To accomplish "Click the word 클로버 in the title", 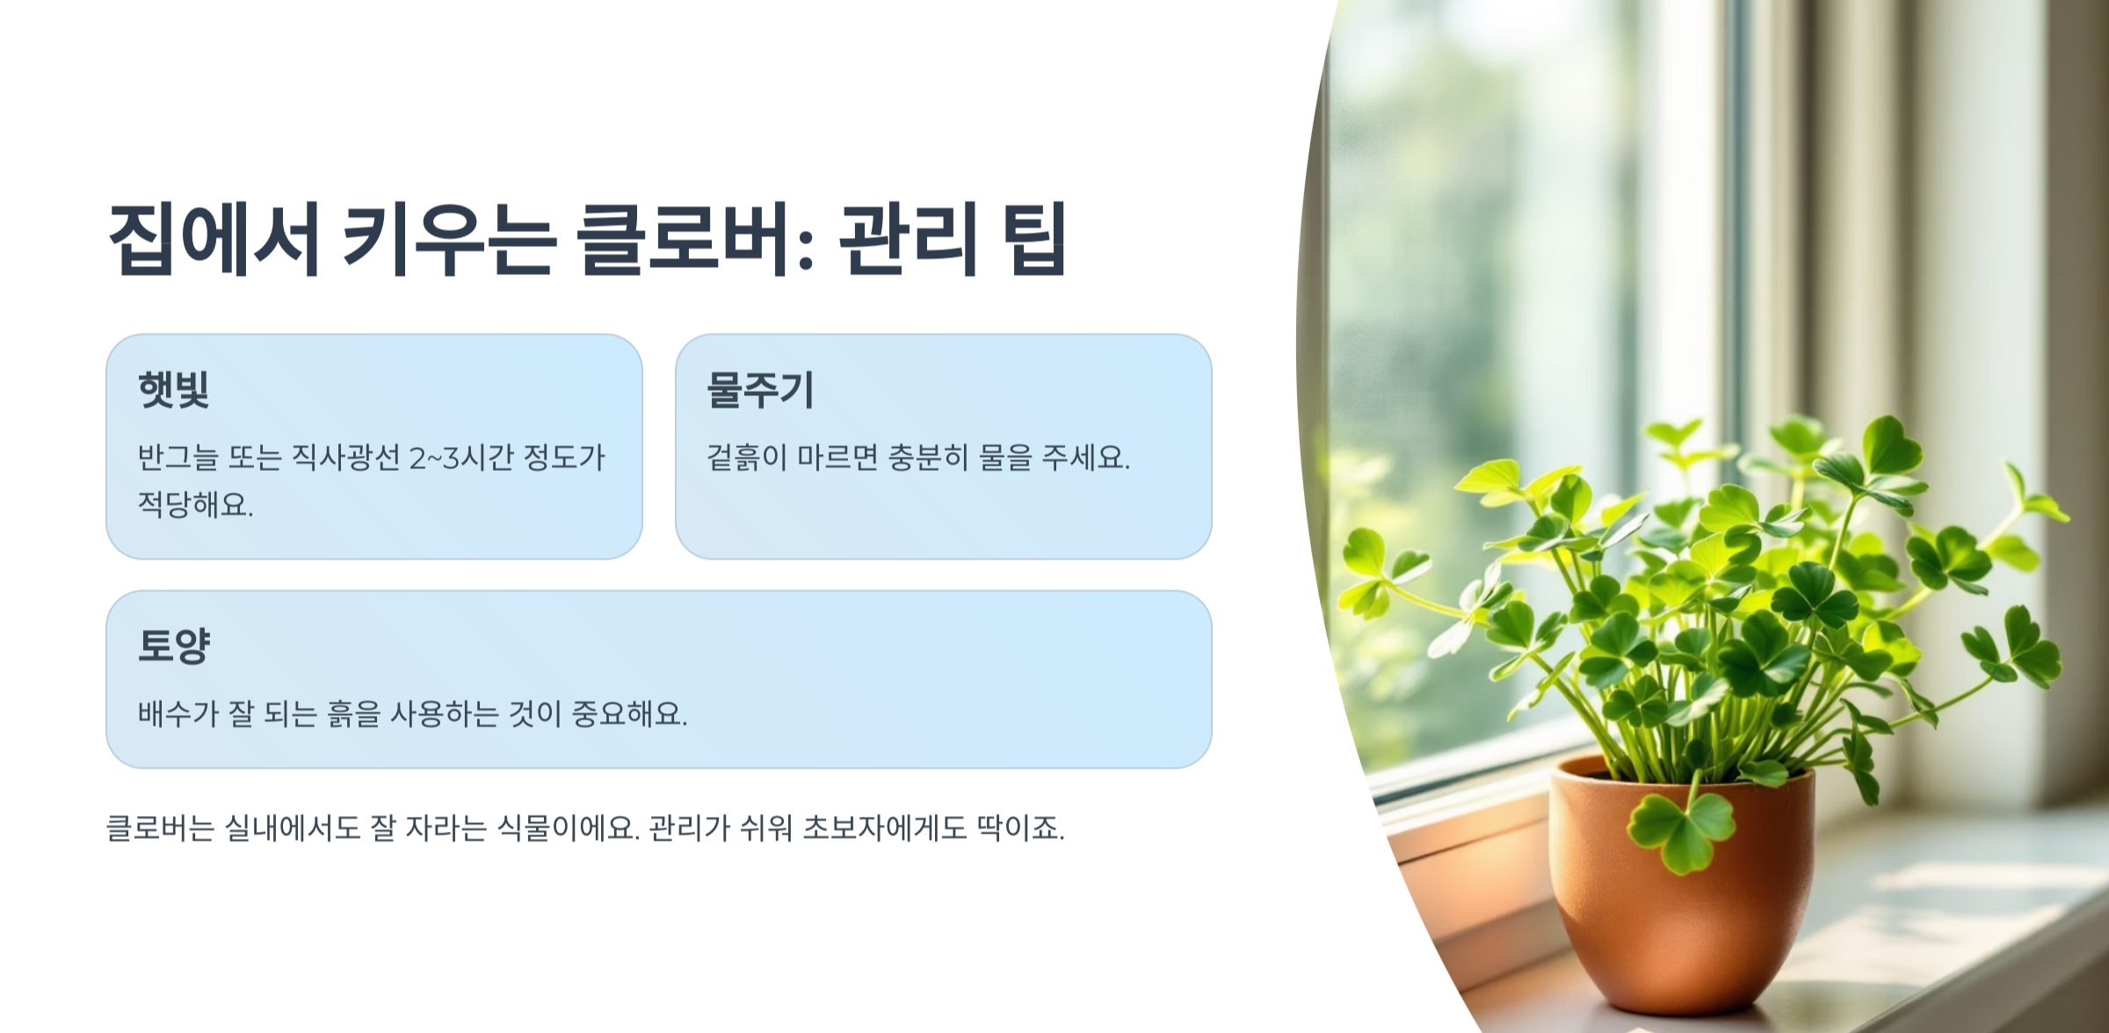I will coord(682,239).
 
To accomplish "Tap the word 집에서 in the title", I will coord(213,239).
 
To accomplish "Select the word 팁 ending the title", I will coord(1033,239).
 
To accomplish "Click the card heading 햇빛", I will coord(174,389).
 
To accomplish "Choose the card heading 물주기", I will coord(761,389).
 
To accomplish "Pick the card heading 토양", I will coord(174,646).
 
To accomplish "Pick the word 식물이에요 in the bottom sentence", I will coord(568,827).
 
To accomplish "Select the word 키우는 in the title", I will coord(448,239).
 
